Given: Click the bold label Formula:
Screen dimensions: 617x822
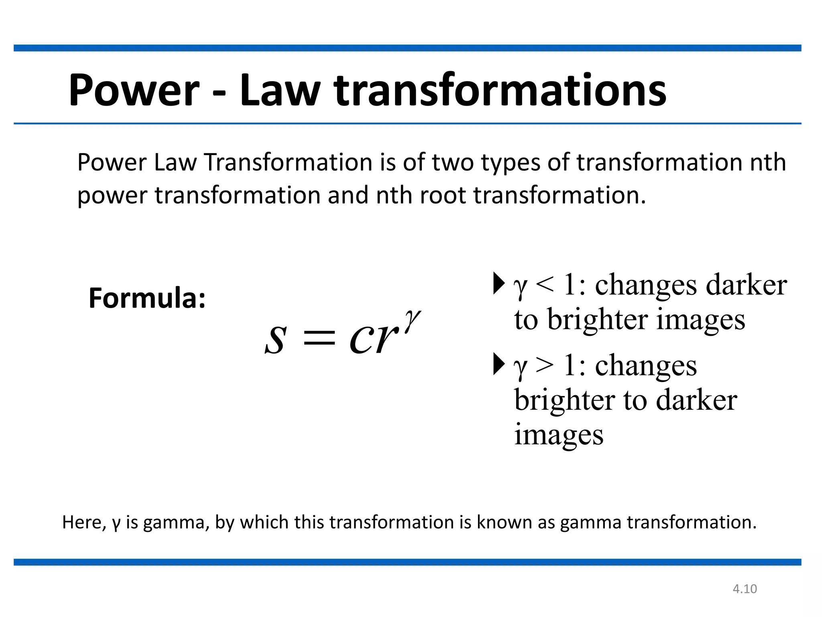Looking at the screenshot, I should coord(147,298).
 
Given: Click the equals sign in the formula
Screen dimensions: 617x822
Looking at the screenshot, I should coord(319,337).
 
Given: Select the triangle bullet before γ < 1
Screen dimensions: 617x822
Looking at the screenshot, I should coord(498,283).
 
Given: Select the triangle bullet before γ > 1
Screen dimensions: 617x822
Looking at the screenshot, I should coord(498,364).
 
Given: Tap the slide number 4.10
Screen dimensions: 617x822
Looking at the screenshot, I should coord(745,589).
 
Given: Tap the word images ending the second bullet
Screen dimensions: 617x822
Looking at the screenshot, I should coord(559,435).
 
